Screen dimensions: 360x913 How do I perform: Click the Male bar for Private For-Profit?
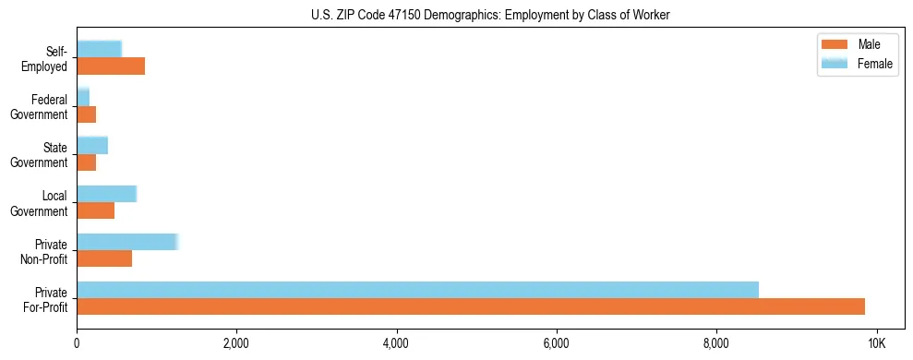[x=471, y=306]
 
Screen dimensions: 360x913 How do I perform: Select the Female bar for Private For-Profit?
[x=417, y=290]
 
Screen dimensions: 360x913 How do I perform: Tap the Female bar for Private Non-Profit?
[x=126, y=242]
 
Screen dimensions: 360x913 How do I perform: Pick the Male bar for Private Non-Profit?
[x=104, y=258]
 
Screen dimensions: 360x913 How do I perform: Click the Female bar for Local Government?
[x=106, y=194]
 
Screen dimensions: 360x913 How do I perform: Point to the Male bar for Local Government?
[x=95, y=210]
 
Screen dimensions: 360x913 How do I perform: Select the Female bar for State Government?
[x=92, y=146]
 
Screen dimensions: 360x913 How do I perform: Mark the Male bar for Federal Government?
[x=86, y=114]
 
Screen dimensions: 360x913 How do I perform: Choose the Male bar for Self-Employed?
[x=111, y=66]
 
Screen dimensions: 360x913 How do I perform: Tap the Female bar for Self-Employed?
[x=99, y=50]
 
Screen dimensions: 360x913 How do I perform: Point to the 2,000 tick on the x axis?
[x=236, y=343]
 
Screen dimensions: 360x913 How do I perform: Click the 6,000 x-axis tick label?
[x=557, y=343]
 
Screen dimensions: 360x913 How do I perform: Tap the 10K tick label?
[x=876, y=343]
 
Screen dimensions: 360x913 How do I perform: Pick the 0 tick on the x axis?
[x=77, y=343]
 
